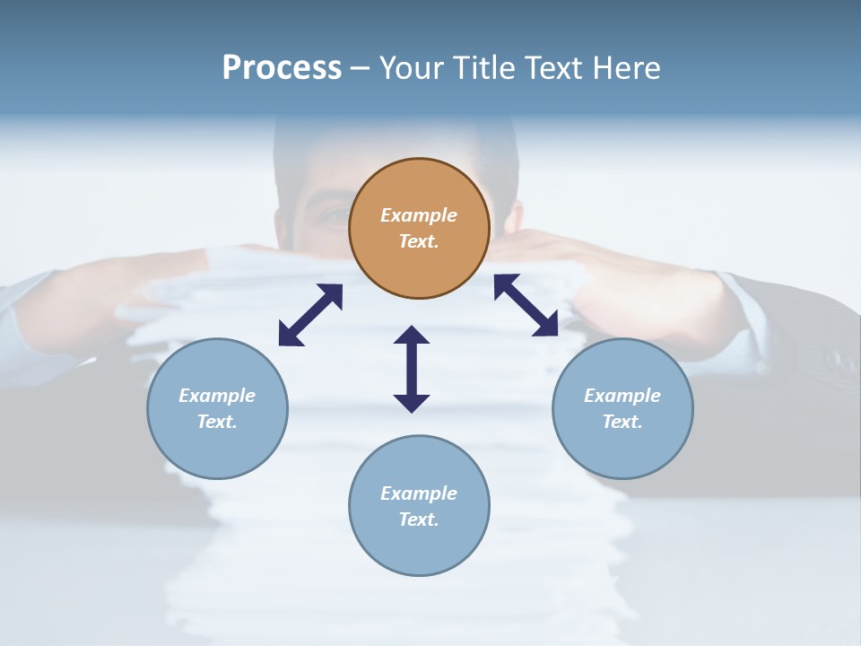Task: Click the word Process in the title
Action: [282, 68]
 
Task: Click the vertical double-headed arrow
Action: [412, 369]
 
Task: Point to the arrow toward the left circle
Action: [310, 315]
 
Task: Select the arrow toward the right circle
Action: [526, 305]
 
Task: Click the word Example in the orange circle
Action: [419, 215]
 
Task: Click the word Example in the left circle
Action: [217, 396]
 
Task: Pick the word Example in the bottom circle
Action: [419, 493]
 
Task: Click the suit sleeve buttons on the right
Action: [839, 359]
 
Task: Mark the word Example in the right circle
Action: [622, 396]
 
